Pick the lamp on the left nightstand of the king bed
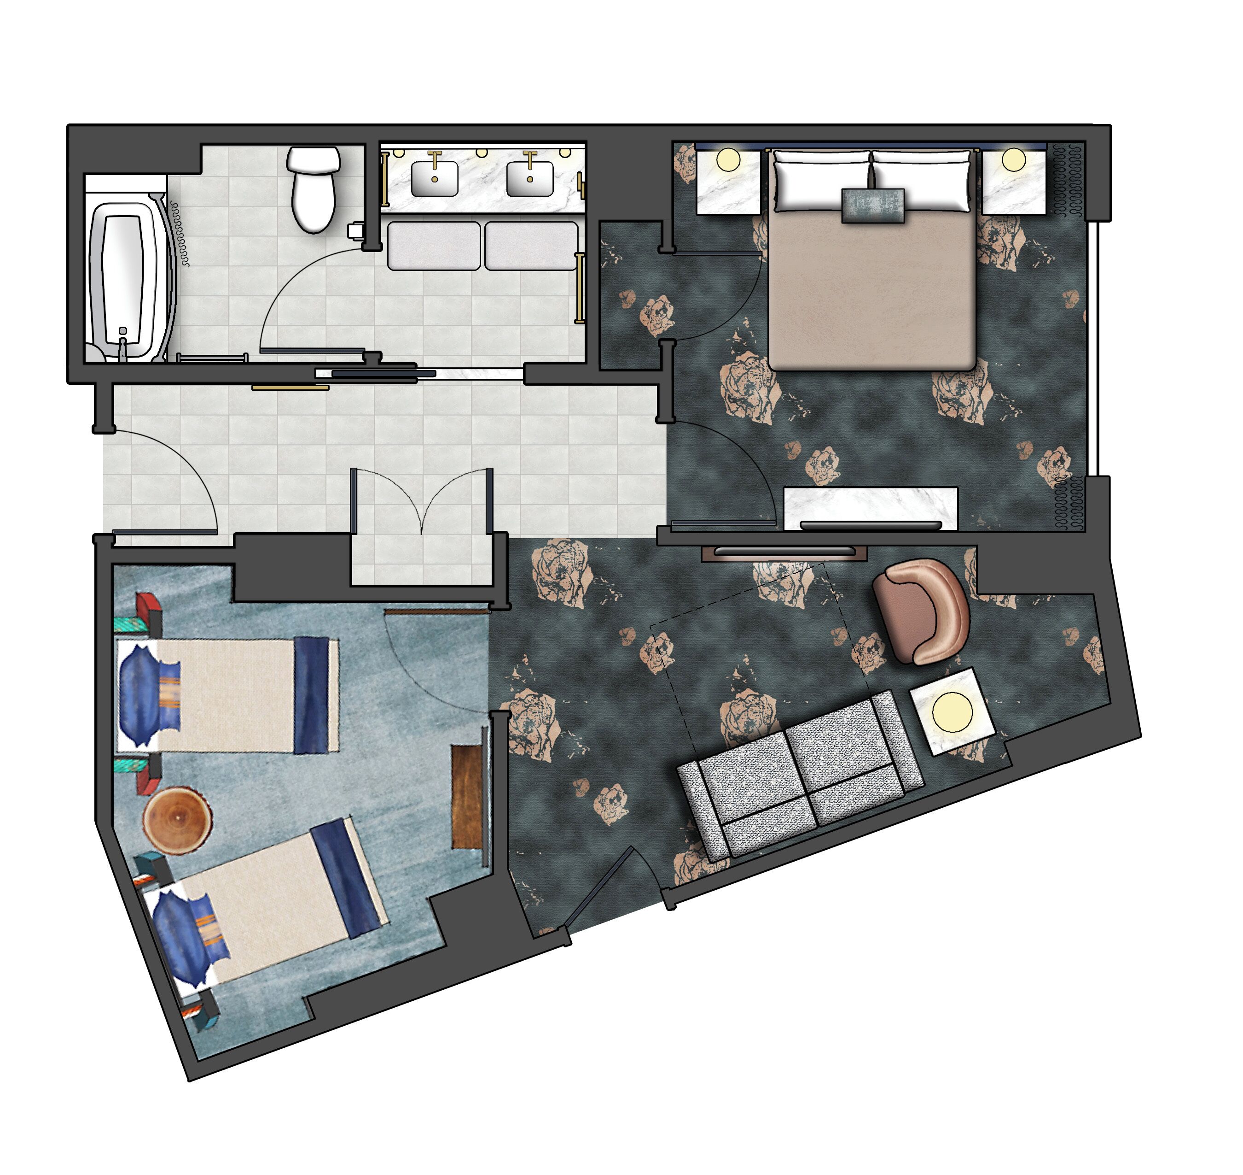coord(728,160)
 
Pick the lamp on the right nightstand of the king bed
coord(1013,160)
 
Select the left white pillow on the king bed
coord(822,180)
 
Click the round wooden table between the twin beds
coord(177,819)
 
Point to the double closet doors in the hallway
coord(421,501)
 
